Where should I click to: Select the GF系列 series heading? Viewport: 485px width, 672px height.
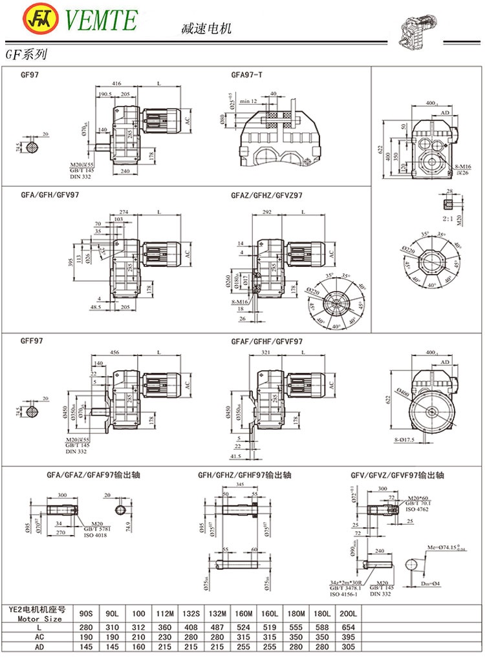coord(25,56)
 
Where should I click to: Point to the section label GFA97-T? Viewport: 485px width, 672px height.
coord(246,75)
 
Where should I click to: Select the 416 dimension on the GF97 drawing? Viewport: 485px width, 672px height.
coord(117,84)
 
